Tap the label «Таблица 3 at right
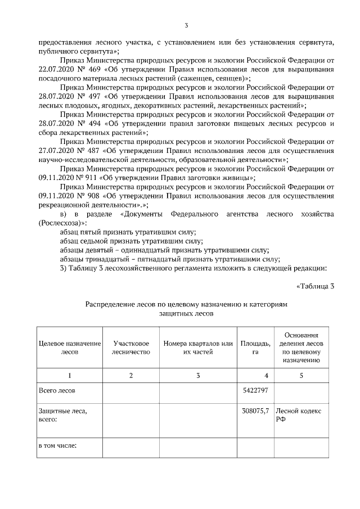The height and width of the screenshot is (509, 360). pos(315,286)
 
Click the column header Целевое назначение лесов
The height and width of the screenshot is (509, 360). pos(69,348)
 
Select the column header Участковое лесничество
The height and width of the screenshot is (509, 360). pos(131,348)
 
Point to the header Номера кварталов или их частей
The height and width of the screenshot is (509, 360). pos(197,348)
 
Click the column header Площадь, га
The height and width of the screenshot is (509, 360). pos(255,348)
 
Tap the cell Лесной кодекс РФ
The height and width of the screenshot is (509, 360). pos(298,415)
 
